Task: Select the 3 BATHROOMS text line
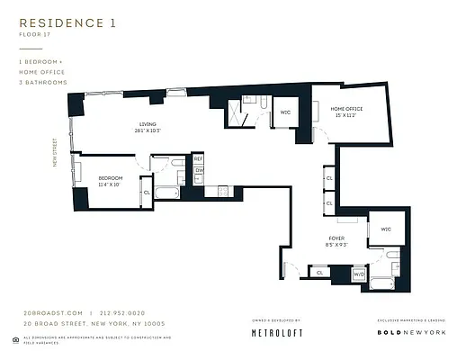tap(42, 82)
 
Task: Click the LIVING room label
tap(149, 125)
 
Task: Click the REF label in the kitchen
tap(199, 159)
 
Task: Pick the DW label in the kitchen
tap(199, 170)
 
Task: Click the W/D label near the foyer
tap(358, 273)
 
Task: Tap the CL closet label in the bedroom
tap(146, 192)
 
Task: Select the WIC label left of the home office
tap(284, 111)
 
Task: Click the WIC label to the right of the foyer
tap(386, 229)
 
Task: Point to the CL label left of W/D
tap(320, 272)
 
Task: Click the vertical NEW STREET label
tap(55, 151)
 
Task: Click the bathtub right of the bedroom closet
tap(168, 192)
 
